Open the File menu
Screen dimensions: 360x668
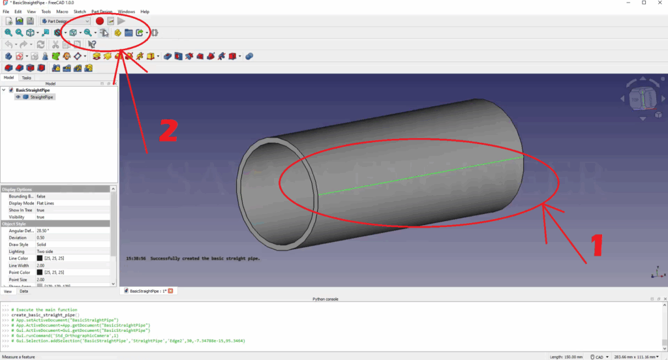coord(6,12)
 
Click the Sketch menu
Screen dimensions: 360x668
coord(80,12)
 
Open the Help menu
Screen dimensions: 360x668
coord(145,12)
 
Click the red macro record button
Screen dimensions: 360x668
coord(100,22)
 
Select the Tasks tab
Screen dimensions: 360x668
coord(26,78)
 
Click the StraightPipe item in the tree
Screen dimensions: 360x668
coord(42,97)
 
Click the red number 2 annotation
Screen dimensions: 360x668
coord(168,131)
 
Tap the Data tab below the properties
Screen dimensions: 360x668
coord(23,292)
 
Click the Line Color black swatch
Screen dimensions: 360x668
coord(40,258)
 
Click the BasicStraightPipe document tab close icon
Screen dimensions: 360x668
coord(171,291)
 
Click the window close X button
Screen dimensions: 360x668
coord(660,3)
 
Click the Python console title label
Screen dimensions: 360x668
coord(326,299)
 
